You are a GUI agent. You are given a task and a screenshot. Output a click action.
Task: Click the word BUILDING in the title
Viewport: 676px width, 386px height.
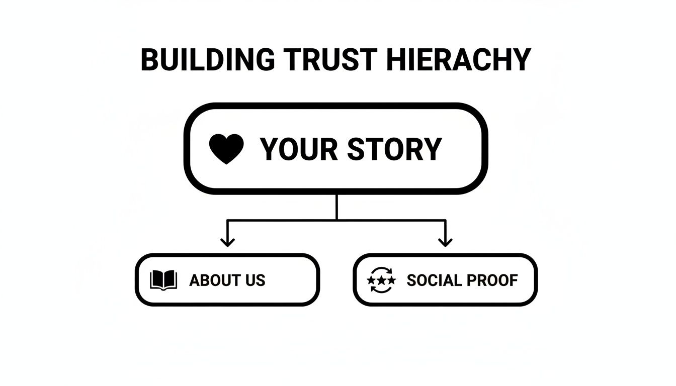click(208, 60)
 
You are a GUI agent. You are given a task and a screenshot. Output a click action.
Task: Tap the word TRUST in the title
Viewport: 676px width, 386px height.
click(329, 60)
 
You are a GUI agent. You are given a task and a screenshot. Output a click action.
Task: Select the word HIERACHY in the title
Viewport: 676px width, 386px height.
click(459, 60)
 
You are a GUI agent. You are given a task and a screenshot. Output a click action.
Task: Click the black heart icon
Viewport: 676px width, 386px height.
click(226, 149)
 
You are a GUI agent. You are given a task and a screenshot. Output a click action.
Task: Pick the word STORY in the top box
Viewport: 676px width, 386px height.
click(395, 149)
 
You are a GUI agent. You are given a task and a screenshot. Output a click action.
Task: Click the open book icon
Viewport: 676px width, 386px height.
click(163, 280)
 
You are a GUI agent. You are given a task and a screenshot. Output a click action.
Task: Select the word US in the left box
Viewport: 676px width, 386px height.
click(255, 280)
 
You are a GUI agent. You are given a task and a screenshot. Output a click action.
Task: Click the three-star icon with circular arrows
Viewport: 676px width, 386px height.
click(381, 279)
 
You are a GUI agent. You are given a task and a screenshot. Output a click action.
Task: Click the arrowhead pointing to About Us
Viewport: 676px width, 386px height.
click(228, 242)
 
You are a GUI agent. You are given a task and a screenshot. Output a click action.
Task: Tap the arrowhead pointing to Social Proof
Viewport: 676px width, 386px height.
click(445, 242)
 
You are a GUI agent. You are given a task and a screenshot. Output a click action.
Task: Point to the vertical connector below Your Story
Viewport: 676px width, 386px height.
click(336, 206)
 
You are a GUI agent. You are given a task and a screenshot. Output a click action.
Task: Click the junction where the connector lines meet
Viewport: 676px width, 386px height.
click(336, 220)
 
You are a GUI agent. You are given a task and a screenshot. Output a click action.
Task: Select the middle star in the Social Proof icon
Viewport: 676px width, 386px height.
click(381, 279)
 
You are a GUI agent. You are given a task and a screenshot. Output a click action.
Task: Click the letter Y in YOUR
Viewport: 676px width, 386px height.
click(270, 149)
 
